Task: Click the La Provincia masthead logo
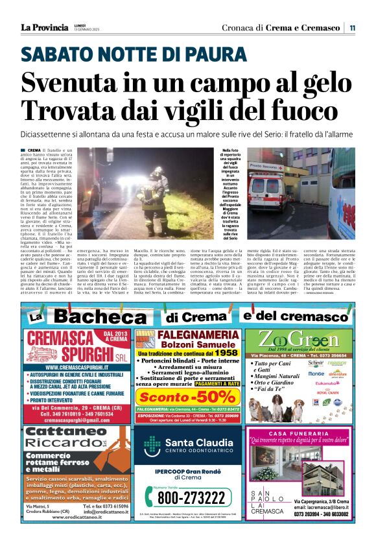[44, 27]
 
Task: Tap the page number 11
[351, 28]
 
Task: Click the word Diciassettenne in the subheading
[46, 133]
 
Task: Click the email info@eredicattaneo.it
[96, 511]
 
